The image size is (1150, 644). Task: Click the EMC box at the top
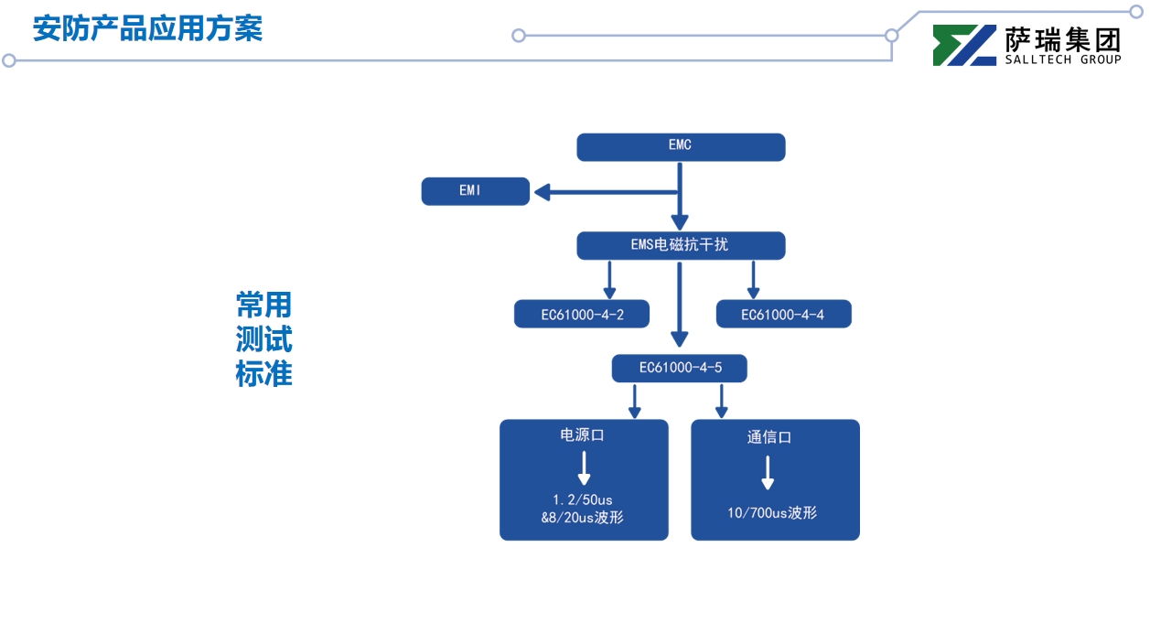coord(681,146)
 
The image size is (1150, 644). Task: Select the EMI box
coord(475,191)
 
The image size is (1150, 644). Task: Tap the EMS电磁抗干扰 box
coord(681,245)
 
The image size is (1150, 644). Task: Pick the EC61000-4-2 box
coord(582,314)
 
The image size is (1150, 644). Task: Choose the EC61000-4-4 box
coord(783,314)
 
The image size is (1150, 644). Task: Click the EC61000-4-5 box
coord(680,368)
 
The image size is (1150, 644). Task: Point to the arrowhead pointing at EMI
coord(543,192)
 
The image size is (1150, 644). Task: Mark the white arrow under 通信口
coord(768,472)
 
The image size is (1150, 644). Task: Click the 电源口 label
coord(583,435)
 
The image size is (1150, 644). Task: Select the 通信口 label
coord(768,437)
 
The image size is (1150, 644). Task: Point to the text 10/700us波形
coord(772,513)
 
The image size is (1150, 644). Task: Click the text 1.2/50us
coord(583,499)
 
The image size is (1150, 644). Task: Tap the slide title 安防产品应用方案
coord(147,28)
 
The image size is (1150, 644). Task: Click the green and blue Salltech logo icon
coord(964,45)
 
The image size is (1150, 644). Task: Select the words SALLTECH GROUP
coord(1063,60)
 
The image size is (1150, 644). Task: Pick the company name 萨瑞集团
coord(1063,38)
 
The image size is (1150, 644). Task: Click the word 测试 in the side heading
coord(263,339)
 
